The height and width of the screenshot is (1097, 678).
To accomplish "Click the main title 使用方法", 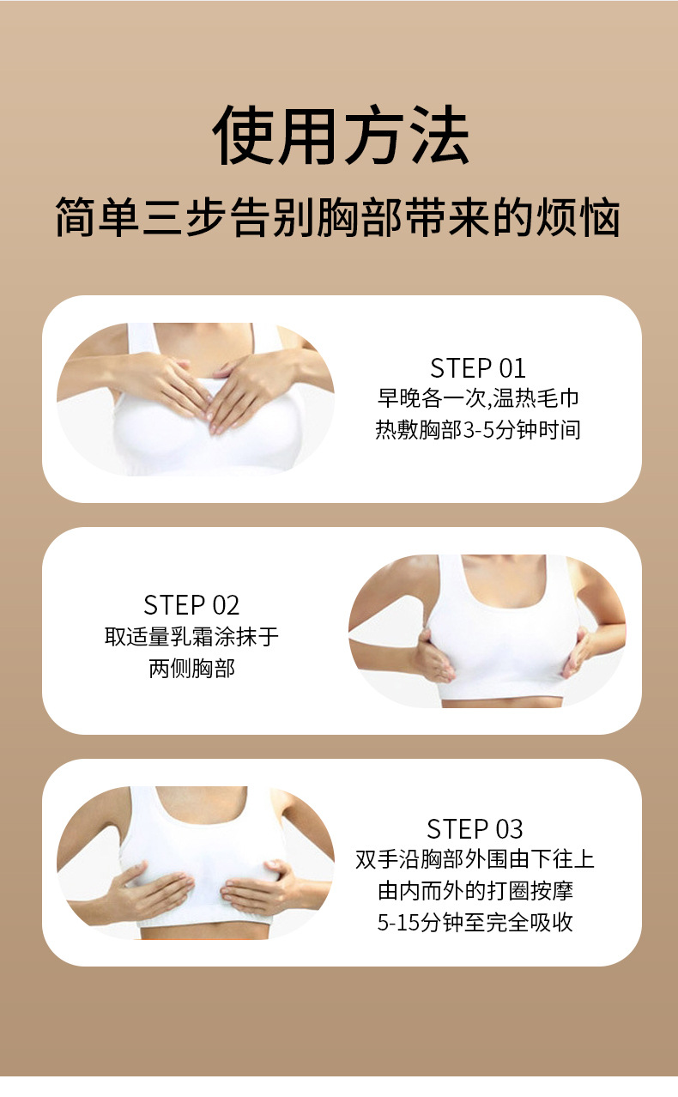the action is tap(340, 135).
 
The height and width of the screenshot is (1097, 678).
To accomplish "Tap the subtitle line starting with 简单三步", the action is tap(339, 217).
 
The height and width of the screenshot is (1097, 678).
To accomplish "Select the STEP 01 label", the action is tap(478, 368).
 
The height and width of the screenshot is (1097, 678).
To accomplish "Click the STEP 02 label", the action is tap(191, 605).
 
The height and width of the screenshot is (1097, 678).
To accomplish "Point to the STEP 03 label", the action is tap(475, 829).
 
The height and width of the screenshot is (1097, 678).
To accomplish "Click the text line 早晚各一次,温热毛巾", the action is tap(478, 398).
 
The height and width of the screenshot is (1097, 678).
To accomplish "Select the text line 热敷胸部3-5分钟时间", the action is tap(478, 429).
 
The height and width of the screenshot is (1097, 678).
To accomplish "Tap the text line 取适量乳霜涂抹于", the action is tap(191, 637).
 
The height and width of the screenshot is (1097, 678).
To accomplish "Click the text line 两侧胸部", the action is tap(192, 668).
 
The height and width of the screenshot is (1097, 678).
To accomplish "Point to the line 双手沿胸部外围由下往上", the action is tap(475, 859).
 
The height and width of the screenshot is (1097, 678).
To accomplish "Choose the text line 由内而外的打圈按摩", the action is tap(475, 891).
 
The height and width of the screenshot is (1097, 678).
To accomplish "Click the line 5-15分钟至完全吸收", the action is tap(475, 922).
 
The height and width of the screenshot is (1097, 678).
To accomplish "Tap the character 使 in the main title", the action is tap(243, 135).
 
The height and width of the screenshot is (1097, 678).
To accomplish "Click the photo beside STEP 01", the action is tap(196, 399).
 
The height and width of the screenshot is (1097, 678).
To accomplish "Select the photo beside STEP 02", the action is tap(487, 631).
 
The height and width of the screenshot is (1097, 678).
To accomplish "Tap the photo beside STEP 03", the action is tap(196, 863).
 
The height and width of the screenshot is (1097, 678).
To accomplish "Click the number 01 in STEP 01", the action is tap(512, 368).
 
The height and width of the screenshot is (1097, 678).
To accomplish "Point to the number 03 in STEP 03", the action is tap(509, 829).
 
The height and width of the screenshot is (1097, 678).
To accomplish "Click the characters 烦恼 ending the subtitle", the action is tap(579, 217).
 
